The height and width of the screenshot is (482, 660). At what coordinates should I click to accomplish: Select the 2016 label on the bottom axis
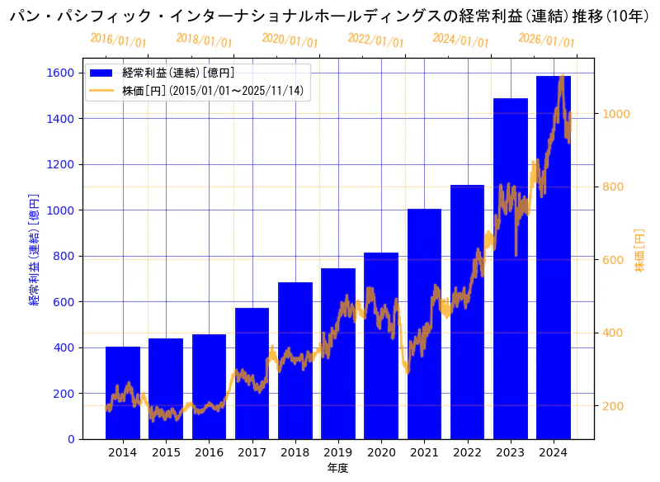click(209, 452)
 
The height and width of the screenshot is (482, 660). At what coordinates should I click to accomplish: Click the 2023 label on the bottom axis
click(510, 452)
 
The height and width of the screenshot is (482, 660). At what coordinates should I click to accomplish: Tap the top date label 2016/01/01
click(118, 40)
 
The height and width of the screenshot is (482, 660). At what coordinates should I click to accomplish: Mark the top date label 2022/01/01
click(375, 40)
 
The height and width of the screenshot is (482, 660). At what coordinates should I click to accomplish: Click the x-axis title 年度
click(337, 468)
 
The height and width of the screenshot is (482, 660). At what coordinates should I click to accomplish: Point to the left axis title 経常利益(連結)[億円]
click(34, 249)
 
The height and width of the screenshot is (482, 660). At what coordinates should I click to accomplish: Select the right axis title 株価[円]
click(640, 249)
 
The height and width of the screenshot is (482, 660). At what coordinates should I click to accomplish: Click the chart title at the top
click(330, 15)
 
